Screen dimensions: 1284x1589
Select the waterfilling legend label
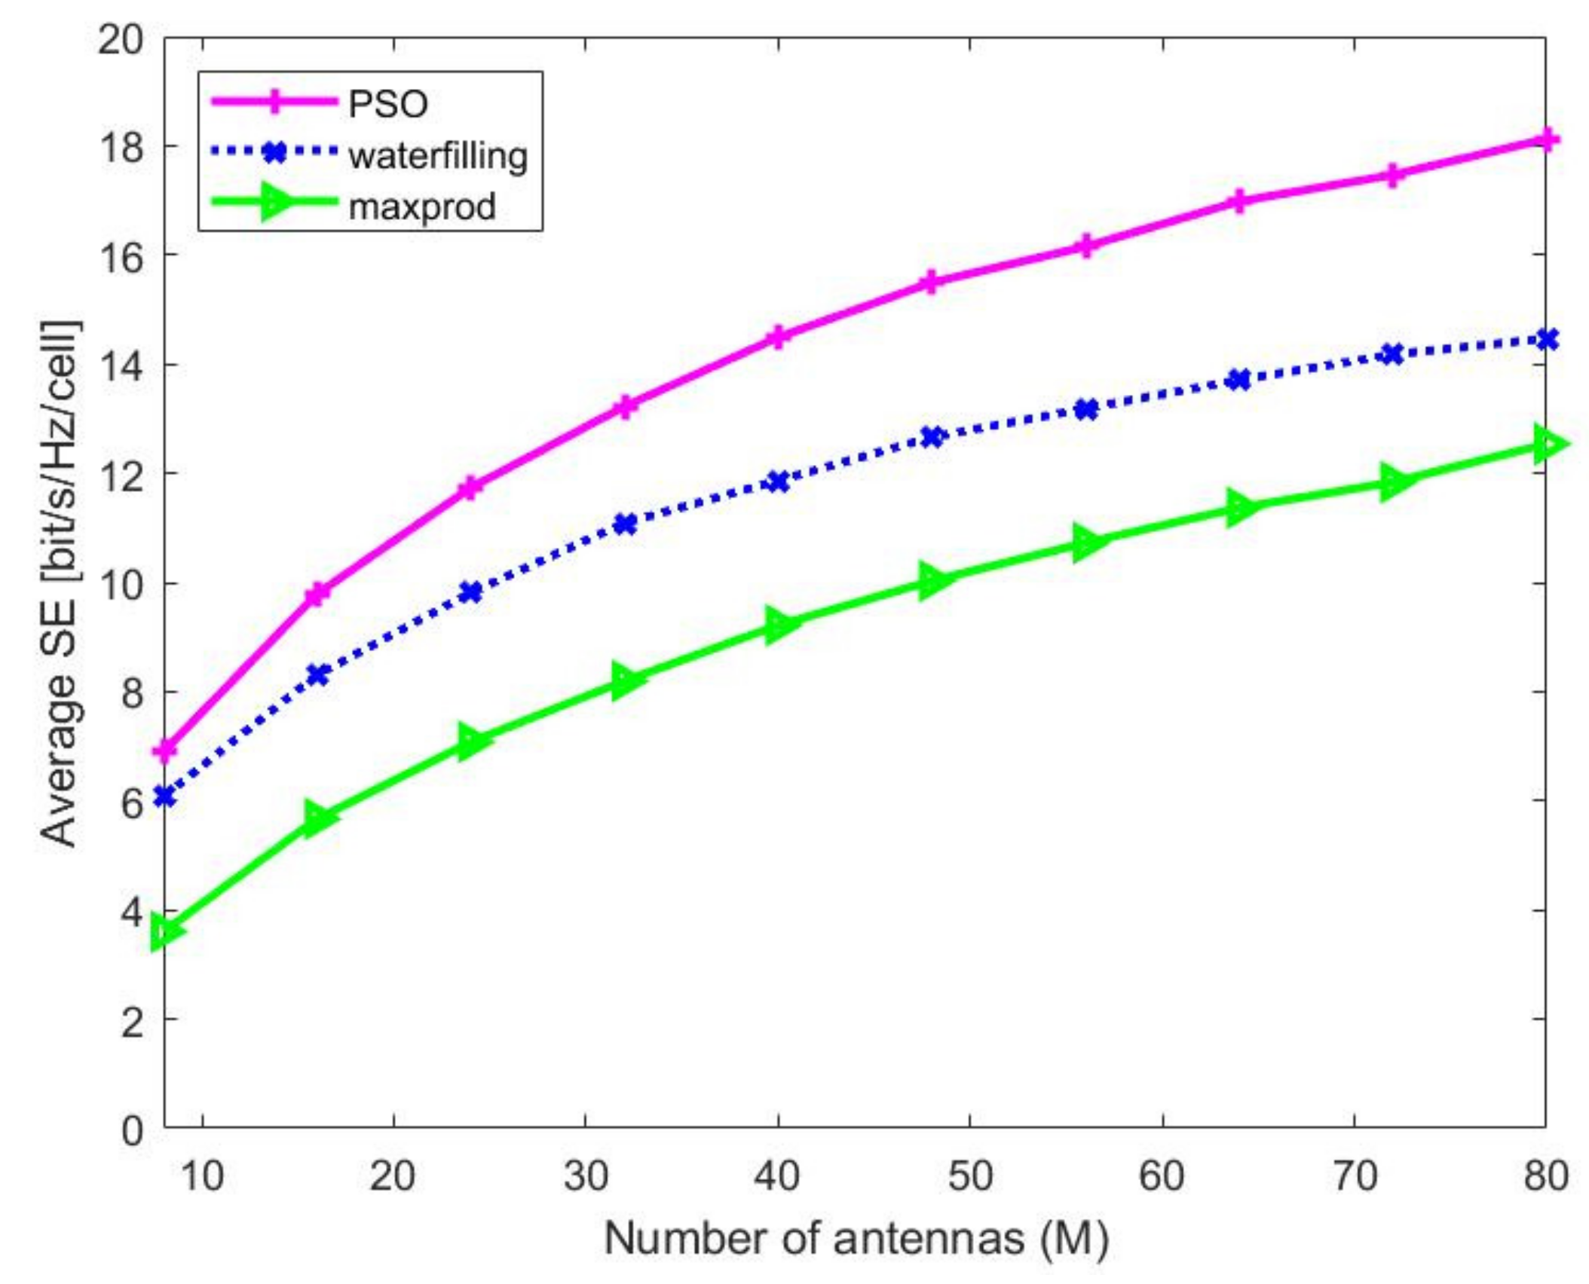(x=437, y=155)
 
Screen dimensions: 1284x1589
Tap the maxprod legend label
(x=422, y=206)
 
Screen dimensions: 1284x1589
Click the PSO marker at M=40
(x=778, y=336)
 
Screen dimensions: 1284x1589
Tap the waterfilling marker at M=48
(x=932, y=436)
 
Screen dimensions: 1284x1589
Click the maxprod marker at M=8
(x=166, y=932)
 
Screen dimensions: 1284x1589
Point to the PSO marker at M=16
(x=318, y=593)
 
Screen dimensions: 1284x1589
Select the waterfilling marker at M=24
(x=471, y=592)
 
